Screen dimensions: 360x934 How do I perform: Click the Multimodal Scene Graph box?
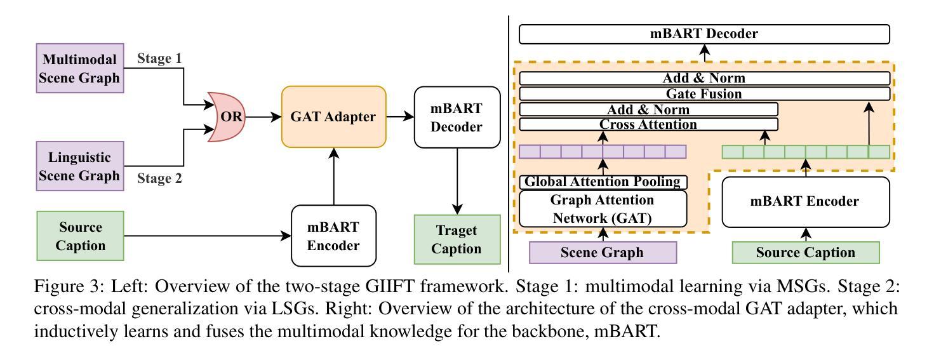[80, 69]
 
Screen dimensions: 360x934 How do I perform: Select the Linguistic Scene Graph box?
[80, 166]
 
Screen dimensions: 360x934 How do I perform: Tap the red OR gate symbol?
[225, 117]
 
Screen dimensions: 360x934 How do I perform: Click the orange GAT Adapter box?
[333, 117]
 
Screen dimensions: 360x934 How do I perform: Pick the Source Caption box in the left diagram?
[80, 236]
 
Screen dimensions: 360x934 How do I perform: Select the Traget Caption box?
[457, 239]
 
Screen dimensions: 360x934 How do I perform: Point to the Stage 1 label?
[159, 59]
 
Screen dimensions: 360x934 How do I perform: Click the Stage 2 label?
[159, 178]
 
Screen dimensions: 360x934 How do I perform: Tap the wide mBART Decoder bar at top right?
[704, 34]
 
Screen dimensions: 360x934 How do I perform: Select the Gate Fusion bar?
[704, 94]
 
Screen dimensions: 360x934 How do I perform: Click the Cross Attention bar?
[648, 124]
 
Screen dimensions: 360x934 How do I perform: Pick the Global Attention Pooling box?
[603, 182]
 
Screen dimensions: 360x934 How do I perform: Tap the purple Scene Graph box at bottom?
[603, 253]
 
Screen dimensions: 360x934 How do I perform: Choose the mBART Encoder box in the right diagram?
[806, 202]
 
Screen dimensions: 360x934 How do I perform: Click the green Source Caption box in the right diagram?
[806, 253]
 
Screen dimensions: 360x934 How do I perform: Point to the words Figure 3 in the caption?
[62, 286]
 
